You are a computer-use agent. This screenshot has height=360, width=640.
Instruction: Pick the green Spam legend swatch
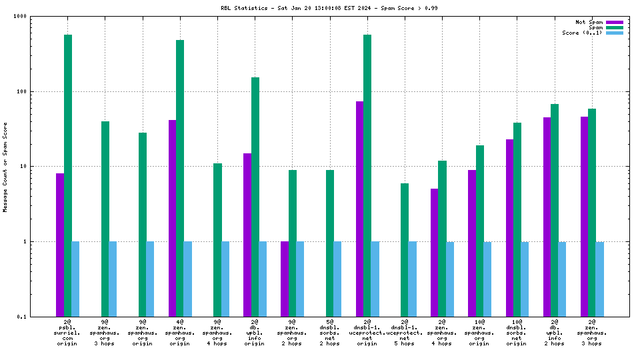coord(614,27)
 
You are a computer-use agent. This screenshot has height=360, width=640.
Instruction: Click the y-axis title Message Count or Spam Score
coord(5,167)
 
